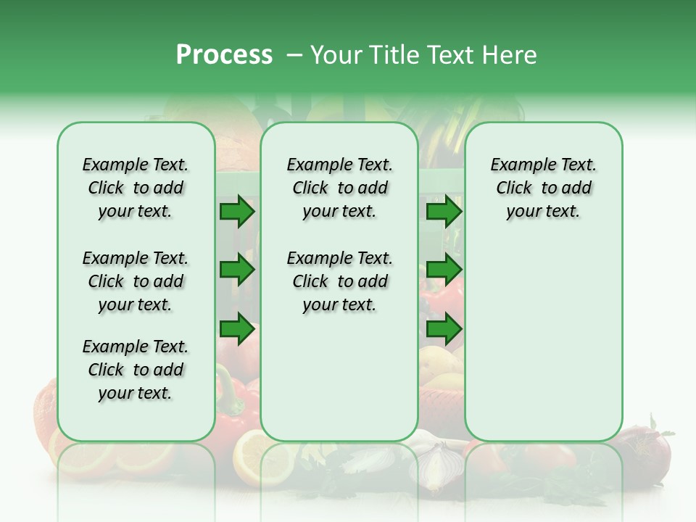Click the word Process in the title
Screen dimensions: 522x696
point(224,55)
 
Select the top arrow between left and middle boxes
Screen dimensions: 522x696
point(237,212)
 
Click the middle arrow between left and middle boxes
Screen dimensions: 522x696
point(237,270)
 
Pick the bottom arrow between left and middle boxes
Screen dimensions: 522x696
point(237,329)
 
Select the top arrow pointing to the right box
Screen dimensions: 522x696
point(444,212)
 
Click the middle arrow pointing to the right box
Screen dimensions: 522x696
point(444,270)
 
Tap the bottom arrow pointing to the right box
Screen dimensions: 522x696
point(444,329)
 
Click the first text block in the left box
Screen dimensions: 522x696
point(136,188)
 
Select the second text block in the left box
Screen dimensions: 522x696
point(136,281)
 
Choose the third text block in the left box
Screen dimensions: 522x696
point(136,370)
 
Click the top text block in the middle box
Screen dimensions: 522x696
point(339,188)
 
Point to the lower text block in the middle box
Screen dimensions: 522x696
point(339,281)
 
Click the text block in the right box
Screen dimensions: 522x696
point(543,188)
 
